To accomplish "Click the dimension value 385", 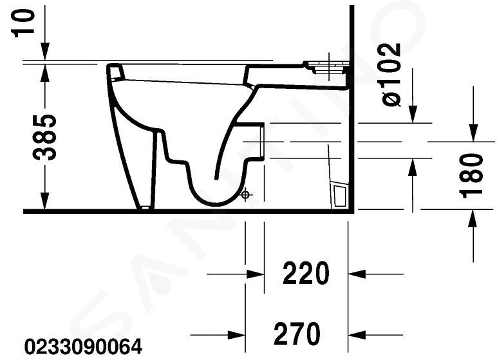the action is [44, 137].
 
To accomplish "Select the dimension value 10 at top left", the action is [23, 23].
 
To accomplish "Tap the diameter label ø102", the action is [391, 74].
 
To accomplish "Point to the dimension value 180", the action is [471, 175].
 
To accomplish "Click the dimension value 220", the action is [306, 273].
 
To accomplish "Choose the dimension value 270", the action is [297, 334].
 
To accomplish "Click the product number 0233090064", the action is [83, 346].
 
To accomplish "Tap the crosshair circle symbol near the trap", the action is [245, 194].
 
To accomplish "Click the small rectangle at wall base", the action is [340, 195].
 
